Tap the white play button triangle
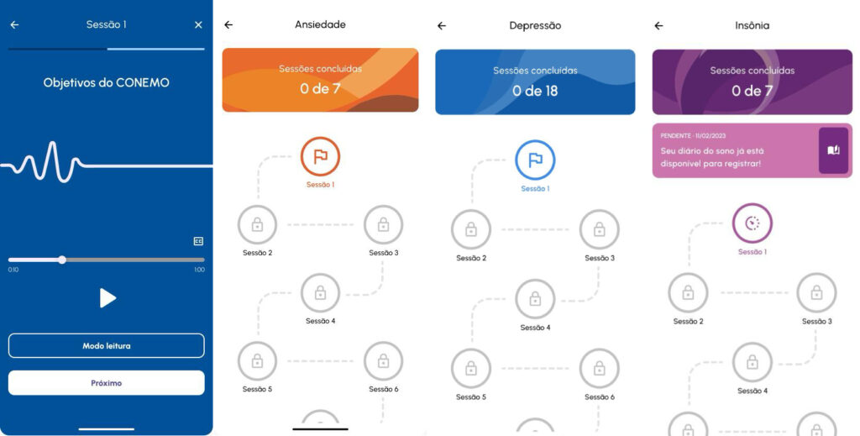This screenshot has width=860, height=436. pyautogui.click(x=107, y=297)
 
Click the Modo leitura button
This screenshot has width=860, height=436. pyautogui.click(x=107, y=345)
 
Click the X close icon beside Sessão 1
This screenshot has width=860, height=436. pyautogui.click(x=198, y=24)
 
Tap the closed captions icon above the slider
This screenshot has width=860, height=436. pyautogui.click(x=198, y=241)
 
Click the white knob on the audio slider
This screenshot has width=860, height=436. pyautogui.click(x=62, y=260)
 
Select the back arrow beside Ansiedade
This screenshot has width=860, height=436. pyautogui.click(x=228, y=24)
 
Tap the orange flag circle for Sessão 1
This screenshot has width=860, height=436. pyautogui.click(x=320, y=157)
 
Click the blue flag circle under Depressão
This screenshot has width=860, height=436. pyautogui.click(x=535, y=160)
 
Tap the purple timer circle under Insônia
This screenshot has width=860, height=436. pyautogui.click(x=752, y=223)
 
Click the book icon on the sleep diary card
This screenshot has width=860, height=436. pyautogui.click(x=834, y=150)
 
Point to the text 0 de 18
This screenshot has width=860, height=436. pyautogui.click(x=535, y=91)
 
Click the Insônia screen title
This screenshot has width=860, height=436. pyautogui.click(x=752, y=25)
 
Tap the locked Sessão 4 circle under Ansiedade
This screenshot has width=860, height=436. pyautogui.click(x=320, y=293)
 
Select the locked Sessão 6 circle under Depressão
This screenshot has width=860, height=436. pyautogui.click(x=600, y=368)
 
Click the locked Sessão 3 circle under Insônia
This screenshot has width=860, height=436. pyautogui.click(x=816, y=293)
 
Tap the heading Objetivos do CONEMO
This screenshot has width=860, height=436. pyautogui.click(x=107, y=83)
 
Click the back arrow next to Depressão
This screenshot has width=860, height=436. pyautogui.click(x=442, y=25)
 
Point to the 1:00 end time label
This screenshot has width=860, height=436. pyautogui.click(x=200, y=270)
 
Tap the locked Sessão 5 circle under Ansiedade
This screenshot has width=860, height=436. pyautogui.click(x=257, y=361)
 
